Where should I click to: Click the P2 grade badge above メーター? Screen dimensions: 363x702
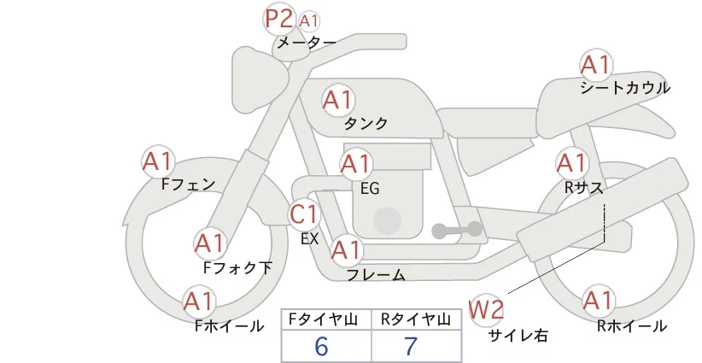click(x=279, y=19)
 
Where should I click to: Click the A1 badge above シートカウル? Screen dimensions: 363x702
click(x=595, y=65)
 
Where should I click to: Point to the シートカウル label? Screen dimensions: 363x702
click(x=624, y=87)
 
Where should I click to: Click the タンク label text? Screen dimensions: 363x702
click(x=366, y=124)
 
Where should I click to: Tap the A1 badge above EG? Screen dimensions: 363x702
click(x=356, y=163)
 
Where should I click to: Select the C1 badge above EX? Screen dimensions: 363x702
click(x=305, y=214)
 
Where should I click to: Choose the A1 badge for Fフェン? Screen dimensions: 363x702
click(x=158, y=161)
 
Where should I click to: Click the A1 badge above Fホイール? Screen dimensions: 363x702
click(x=200, y=302)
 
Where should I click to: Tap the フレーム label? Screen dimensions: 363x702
click(x=376, y=275)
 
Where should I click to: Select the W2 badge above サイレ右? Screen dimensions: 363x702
click(x=488, y=307)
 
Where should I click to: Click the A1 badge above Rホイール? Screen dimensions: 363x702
click(x=598, y=301)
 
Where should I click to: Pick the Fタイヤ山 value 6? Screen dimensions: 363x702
click(x=321, y=346)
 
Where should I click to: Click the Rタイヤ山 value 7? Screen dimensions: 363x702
click(x=411, y=346)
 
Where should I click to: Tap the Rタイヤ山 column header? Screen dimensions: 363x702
click(x=415, y=319)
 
